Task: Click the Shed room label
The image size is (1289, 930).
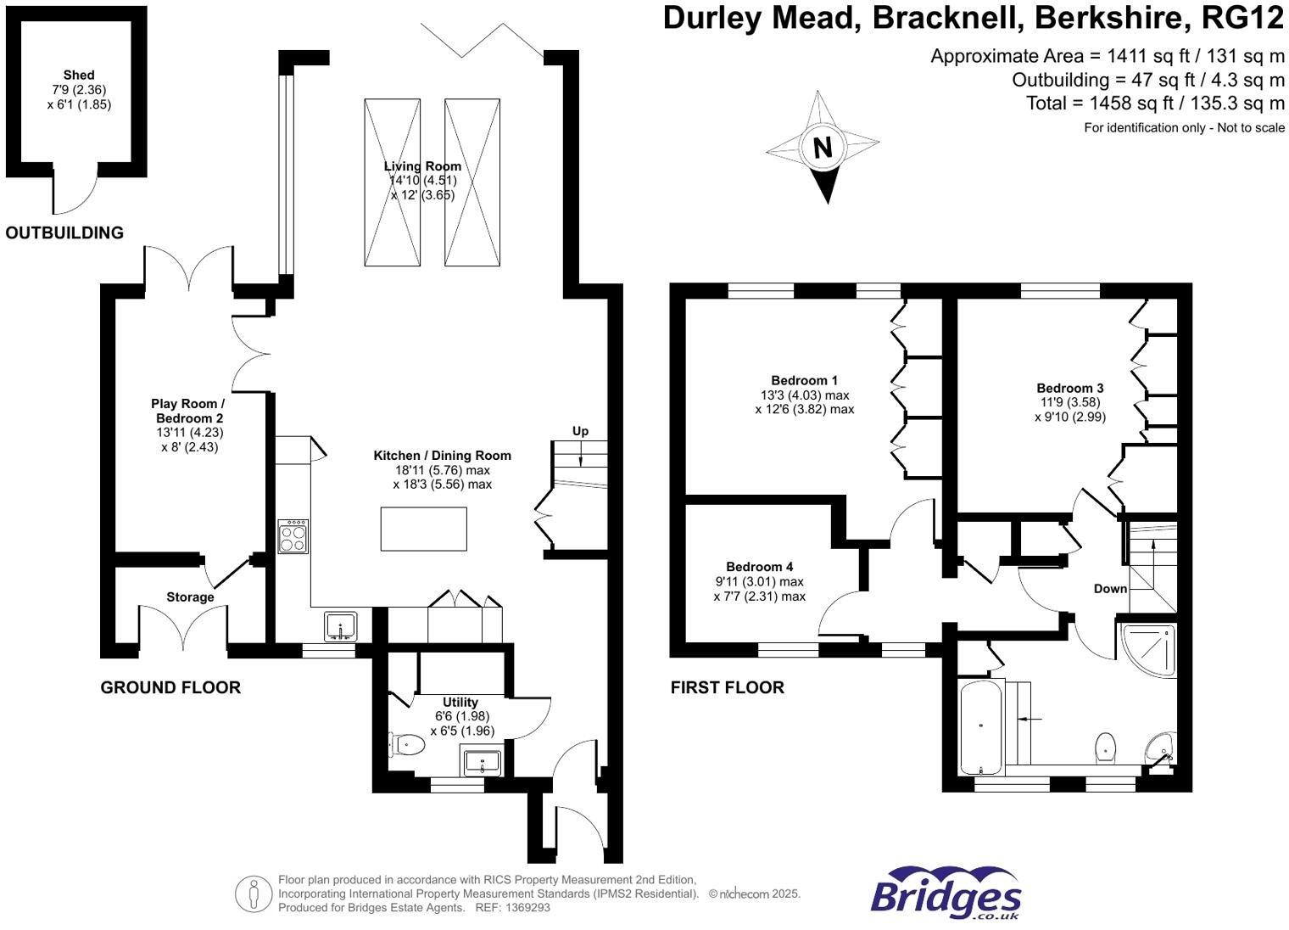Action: [x=79, y=76]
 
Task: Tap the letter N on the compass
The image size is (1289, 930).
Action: [x=822, y=148]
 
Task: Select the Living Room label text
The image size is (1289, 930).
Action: [x=422, y=166]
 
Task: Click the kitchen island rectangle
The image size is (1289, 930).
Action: [x=423, y=529]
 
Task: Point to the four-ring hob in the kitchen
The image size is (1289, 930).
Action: [x=293, y=536]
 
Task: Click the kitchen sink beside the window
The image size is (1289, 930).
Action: [x=341, y=626]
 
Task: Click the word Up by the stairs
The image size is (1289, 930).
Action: [x=580, y=431]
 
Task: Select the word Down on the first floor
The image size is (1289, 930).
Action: [x=1110, y=589]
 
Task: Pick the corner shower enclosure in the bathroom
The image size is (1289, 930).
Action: [x=1149, y=649]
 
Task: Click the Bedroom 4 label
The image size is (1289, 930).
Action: [x=759, y=567]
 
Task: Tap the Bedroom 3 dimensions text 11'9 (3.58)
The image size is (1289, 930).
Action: [x=1070, y=402]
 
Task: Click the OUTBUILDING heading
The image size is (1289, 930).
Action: [x=64, y=232]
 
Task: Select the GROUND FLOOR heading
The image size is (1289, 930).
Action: [x=170, y=687]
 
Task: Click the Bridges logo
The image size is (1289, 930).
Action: [x=946, y=894]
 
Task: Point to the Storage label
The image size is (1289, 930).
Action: [x=190, y=597]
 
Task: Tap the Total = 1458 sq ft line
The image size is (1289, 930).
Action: [x=1155, y=104]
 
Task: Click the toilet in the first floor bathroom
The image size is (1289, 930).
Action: [x=1105, y=747]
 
